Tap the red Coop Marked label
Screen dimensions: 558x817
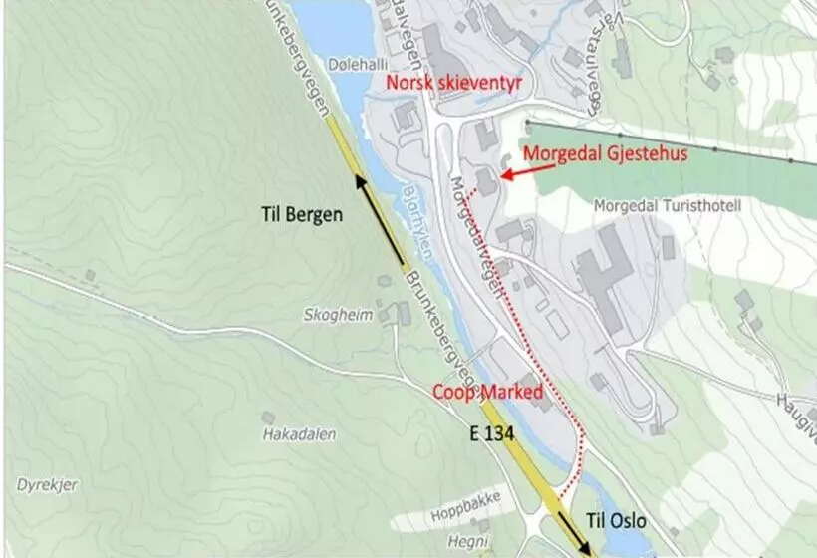click(487, 391)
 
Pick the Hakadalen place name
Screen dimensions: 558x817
click(299, 434)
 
